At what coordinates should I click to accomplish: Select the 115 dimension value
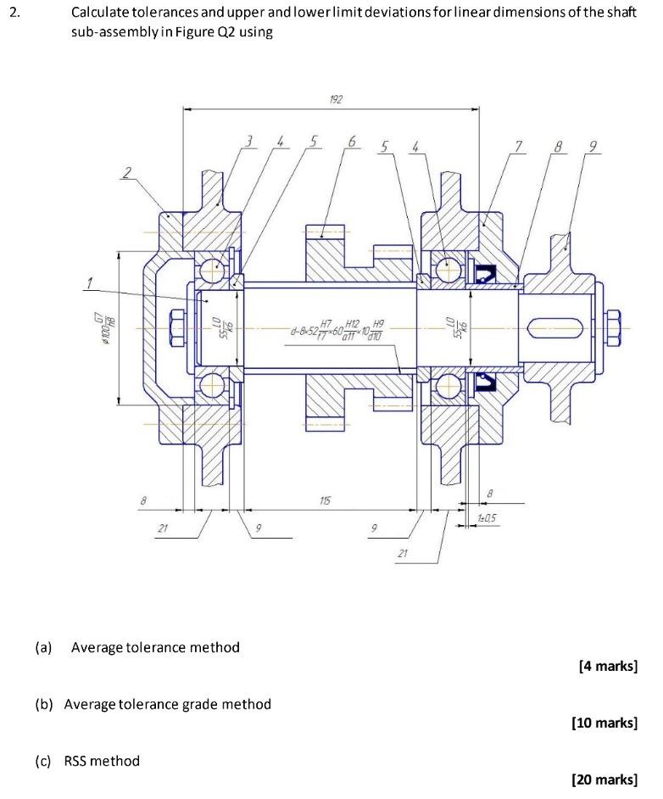326,501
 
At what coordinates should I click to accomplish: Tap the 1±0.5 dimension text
487,517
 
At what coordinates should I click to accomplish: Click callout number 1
87,282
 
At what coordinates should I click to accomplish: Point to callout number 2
128,172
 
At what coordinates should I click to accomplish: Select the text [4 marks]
607,666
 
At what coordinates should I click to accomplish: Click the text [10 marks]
604,723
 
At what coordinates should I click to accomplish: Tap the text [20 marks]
604,779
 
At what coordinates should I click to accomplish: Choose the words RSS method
102,761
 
